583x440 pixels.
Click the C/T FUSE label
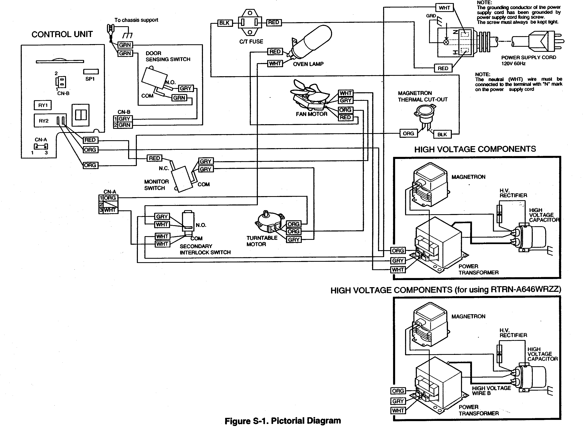click(251, 42)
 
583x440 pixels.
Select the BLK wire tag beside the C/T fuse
click(224, 23)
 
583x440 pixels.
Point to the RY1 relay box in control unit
click(43, 105)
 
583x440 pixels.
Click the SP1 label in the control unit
click(90, 79)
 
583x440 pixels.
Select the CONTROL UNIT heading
click(62, 34)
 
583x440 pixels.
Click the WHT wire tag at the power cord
click(444, 8)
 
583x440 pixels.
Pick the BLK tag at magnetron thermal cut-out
click(442, 134)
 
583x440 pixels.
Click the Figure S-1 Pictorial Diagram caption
click(282, 420)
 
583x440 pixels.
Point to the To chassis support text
click(136, 20)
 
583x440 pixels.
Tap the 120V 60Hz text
click(513, 63)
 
